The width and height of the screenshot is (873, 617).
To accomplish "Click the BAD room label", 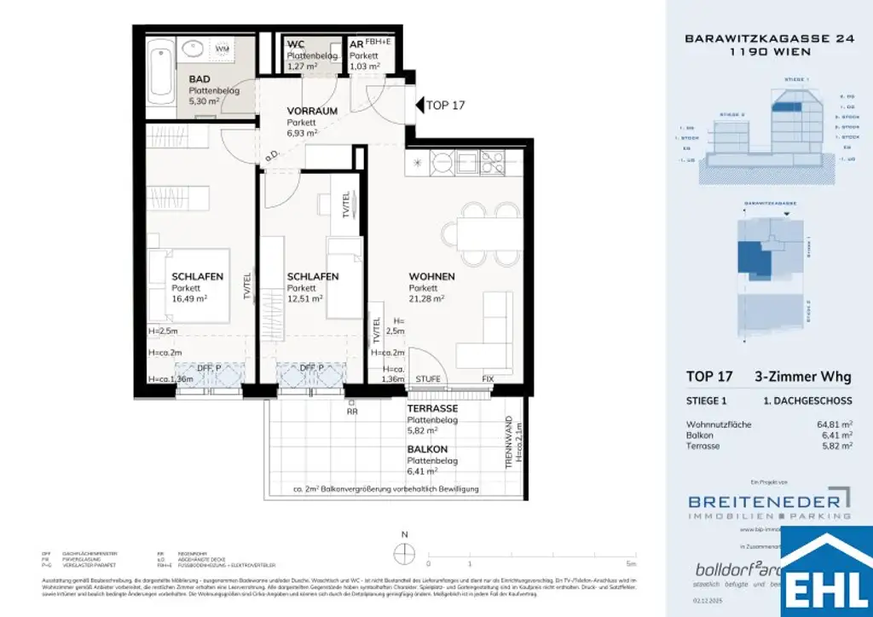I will click(200, 79).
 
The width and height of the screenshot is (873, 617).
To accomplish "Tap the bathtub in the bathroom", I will click(159, 68).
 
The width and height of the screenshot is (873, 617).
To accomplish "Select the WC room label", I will click(296, 44).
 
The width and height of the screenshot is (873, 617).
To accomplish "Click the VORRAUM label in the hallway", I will click(312, 111).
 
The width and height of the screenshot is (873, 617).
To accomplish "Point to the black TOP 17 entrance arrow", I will click(419, 106).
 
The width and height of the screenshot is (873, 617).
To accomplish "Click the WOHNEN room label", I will click(431, 277).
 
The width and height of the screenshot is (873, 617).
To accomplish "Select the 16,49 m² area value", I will click(189, 299).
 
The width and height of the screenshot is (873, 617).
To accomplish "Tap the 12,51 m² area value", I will click(304, 299).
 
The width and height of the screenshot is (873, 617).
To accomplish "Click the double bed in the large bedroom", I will click(189, 285).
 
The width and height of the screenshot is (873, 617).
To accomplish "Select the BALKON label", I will click(428, 449).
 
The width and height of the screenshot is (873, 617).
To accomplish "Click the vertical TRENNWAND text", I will click(509, 443).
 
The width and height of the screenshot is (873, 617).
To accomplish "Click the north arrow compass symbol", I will click(404, 546).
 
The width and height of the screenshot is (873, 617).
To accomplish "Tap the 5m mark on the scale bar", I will click(629, 563).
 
